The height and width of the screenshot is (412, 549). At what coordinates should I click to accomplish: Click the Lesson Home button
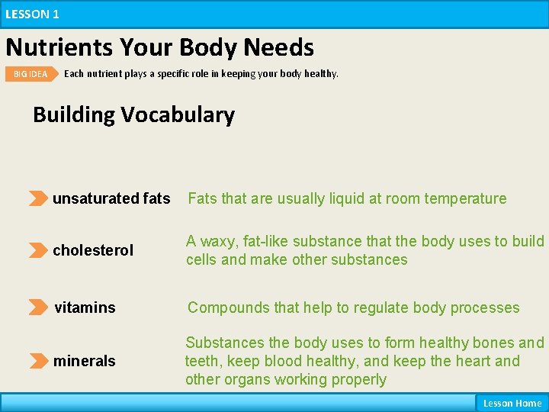512,403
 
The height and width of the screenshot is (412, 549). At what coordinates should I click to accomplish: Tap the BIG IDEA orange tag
30,74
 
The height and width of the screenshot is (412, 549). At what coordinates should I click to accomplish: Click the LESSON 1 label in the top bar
32,14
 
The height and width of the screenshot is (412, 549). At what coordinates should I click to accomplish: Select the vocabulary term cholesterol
93,250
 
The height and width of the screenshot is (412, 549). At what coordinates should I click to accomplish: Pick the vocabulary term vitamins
85,307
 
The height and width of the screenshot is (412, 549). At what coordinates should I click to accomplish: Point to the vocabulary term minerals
84,361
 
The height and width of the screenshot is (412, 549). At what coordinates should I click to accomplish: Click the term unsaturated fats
111,198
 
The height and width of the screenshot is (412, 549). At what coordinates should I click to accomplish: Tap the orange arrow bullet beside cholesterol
37,250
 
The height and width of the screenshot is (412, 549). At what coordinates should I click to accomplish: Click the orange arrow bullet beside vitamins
37,307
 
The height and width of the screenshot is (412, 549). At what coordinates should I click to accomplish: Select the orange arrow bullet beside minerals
37,361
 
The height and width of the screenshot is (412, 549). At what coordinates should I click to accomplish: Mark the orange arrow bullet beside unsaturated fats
37,198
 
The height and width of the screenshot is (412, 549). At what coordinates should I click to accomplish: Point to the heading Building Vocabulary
133,114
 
